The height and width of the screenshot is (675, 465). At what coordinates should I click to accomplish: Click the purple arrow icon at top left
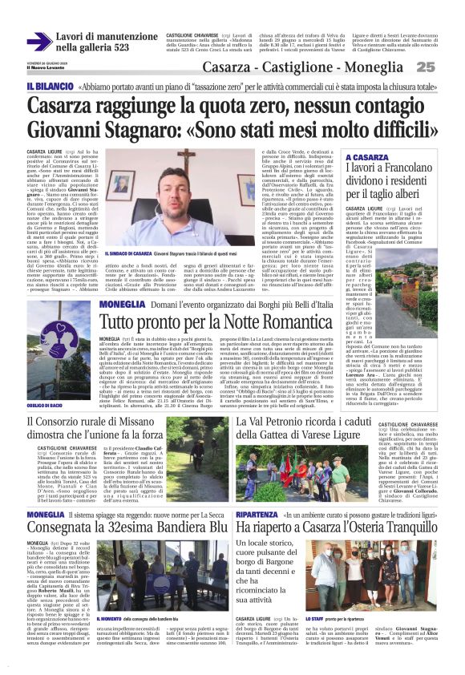click(39, 41)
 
